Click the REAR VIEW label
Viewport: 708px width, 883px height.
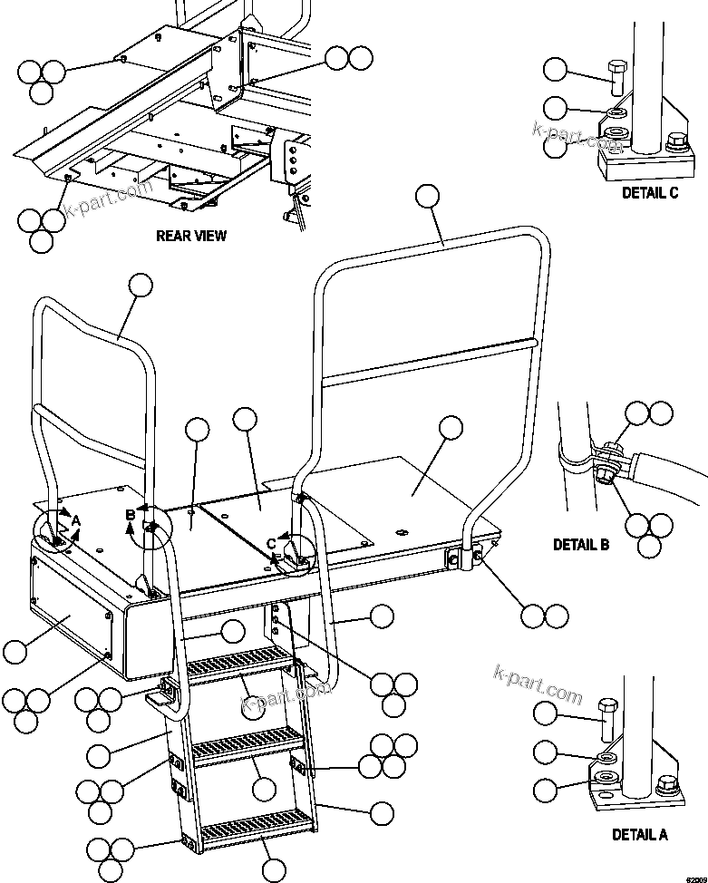coord(191,236)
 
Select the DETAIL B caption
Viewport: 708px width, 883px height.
coord(581,545)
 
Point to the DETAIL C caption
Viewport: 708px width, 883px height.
coord(650,192)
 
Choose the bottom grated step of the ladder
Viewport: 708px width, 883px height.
coord(257,827)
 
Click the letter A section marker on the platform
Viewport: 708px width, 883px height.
coord(77,520)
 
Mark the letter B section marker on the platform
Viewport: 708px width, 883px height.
coord(131,515)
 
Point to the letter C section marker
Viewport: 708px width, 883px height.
coord(271,544)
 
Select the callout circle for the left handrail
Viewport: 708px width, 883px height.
coord(140,286)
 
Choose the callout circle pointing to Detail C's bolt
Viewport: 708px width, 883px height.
coord(555,70)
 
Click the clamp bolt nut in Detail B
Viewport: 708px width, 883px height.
coord(606,471)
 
